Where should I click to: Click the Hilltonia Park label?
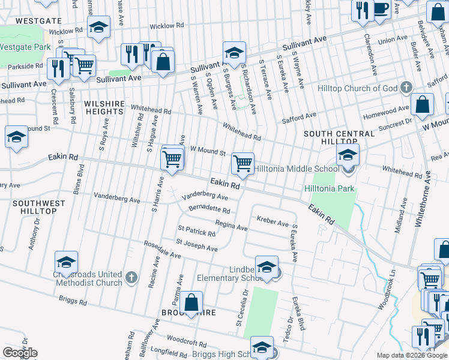click(x=330, y=189)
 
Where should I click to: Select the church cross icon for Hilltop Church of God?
click(x=406, y=88)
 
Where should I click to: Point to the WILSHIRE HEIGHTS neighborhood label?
click(x=104, y=107)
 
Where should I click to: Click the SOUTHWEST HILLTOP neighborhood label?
click(x=38, y=208)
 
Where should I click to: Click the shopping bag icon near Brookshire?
click(x=191, y=304)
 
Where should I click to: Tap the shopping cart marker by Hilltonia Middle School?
click(x=243, y=163)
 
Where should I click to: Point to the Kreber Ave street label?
click(x=273, y=223)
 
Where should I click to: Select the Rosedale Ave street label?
click(x=161, y=250)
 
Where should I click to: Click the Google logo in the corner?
click(x=20, y=353)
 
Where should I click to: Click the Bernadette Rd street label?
click(x=209, y=211)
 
